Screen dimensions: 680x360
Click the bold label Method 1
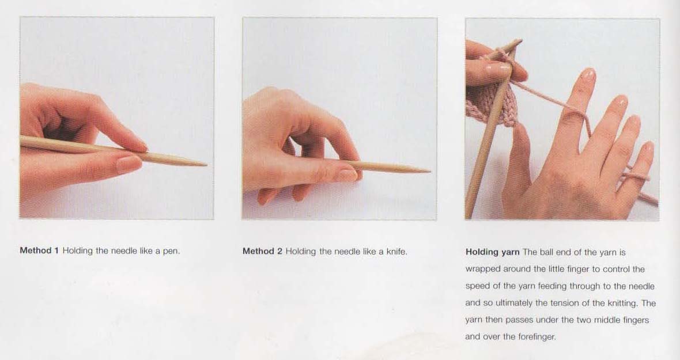pyautogui.click(x=39, y=251)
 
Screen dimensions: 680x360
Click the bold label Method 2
pyautogui.click(x=262, y=251)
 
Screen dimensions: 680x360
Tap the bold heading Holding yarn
pyautogui.click(x=492, y=252)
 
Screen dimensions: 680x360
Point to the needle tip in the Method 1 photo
pyautogui.click(x=206, y=165)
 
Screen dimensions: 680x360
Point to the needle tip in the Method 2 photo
pyautogui.click(x=429, y=172)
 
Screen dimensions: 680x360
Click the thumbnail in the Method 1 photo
pyautogui.click(x=129, y=164)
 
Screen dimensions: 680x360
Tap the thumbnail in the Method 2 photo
pyautogui.click(x=347, y=175)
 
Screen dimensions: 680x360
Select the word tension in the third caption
pyautogui.click(x=564, y=303)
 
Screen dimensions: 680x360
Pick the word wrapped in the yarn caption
pyautogui.click(x=482, y=269)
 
